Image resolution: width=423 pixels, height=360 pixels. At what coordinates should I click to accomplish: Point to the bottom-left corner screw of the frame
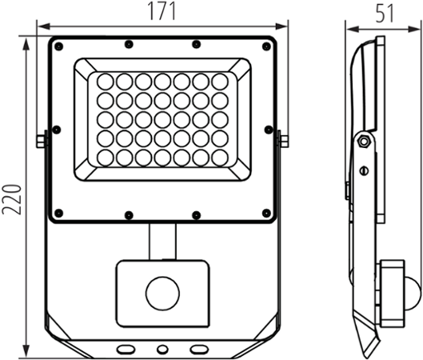click(x=58, y=213)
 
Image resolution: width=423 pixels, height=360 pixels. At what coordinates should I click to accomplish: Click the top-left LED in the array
click(x=104, y=82)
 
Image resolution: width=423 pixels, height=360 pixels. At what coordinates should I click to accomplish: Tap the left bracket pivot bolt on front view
click(x=40, y=141)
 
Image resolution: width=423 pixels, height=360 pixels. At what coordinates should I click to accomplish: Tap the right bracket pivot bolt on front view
click(x=285, y=141)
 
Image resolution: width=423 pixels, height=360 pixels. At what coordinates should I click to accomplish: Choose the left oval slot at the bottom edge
click(x=127, y=349)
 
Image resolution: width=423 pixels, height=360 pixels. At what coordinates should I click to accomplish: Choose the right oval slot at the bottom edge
click(x=199, y=349)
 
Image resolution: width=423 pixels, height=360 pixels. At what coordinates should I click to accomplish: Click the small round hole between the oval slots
click(x=163, y=349)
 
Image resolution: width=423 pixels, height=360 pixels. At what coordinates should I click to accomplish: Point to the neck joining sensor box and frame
click(x=163, y=240)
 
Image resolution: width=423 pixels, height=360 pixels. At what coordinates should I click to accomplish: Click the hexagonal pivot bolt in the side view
click(x=364, y=142)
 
